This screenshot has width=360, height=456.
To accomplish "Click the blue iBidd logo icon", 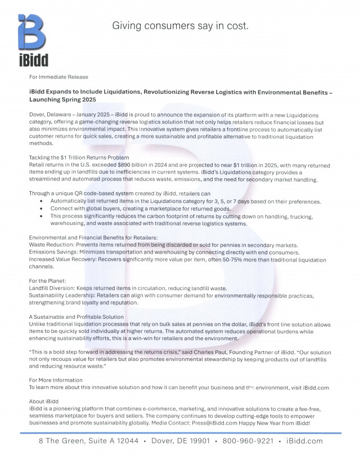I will pyautogui.click(x=32, y=33).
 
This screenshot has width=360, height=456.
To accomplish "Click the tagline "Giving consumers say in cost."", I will pyautogui.click(x=181, y=26).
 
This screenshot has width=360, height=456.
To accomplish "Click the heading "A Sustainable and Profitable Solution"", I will pyautogui.click(x=76, y=317).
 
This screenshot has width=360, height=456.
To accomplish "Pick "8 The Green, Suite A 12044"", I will pyautogui.click(x=87, y=441).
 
